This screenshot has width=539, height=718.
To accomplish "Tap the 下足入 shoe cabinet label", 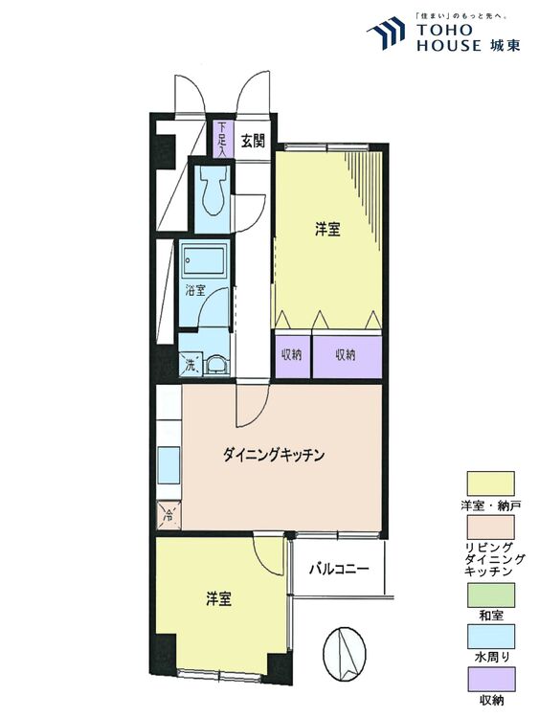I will (x=222, y=139).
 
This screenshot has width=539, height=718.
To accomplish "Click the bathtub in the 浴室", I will (x=204, y=260).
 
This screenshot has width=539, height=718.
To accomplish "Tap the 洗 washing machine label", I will (x=190, y=364).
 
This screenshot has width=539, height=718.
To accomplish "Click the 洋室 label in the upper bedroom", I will (x=328, y=230).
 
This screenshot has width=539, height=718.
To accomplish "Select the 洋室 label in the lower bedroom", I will (x=218, y=600).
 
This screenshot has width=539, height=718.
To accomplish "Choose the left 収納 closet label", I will (x=292, y=354).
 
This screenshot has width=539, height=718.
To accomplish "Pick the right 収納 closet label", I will (x=346, y=354).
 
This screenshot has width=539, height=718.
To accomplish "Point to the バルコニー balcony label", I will (x=338, y=569).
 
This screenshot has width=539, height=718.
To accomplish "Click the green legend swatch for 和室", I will (x=489, y=595).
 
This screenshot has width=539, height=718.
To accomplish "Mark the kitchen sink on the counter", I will (x=168, y=466).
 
